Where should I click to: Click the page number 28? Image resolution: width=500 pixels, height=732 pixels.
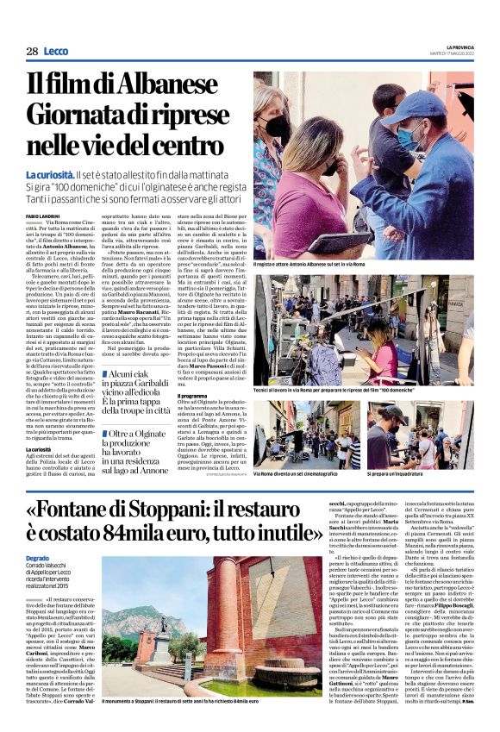point(31,52)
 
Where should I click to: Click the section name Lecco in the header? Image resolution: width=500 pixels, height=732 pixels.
point(56,52)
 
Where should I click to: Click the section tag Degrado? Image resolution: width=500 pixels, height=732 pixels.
point(39,560)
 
